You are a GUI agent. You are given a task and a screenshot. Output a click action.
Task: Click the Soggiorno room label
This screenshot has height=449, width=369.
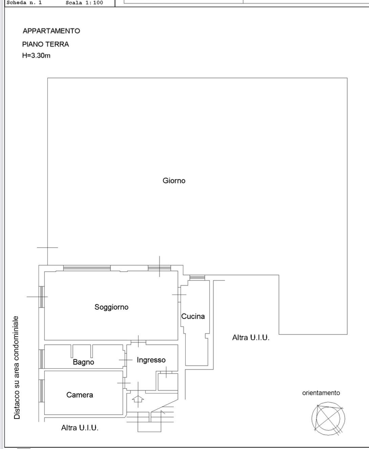tap(111, 307)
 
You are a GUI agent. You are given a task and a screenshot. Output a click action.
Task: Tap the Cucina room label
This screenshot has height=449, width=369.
tap(193, 316)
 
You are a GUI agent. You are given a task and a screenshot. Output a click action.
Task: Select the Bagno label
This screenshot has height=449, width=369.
tap(83, 362)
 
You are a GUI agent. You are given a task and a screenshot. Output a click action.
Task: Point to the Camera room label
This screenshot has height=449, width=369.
tap(80, 395)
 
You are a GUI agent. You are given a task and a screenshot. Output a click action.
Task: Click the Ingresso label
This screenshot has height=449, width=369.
tap(151, 360)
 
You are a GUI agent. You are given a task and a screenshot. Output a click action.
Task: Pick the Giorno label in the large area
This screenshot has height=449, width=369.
tap(174, 180)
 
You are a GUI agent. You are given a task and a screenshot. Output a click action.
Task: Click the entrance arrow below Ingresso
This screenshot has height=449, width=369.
tap(138, 399)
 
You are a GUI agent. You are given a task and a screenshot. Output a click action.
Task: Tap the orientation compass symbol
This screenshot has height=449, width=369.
tap(328, 419)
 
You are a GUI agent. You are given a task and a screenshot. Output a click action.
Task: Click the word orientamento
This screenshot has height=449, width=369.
tap(321, 393)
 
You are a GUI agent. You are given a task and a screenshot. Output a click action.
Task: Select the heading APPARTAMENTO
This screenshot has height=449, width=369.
tap(51, 31)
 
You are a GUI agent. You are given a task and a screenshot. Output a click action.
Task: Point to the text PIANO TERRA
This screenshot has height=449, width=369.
tap(45, 44)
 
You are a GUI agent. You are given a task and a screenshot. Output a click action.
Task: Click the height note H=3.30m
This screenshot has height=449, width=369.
tap(36, 56)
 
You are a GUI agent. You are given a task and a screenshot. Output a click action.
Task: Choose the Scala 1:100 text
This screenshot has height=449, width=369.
tap(84, 3)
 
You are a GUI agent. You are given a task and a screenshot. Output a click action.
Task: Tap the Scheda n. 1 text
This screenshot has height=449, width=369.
tap(24, 3)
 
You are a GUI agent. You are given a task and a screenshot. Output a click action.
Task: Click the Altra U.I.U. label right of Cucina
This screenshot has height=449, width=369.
tap(251, 338)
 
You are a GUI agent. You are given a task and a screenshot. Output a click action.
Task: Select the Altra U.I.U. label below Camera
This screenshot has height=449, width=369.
tap(80, 428)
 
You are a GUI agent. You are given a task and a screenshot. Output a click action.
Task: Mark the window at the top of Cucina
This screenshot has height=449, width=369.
tap(197, 278)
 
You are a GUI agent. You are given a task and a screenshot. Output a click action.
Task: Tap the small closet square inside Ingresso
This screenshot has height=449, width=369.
tap(168, 381)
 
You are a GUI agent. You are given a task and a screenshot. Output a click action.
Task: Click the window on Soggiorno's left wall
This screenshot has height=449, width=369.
tap(41, 297)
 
